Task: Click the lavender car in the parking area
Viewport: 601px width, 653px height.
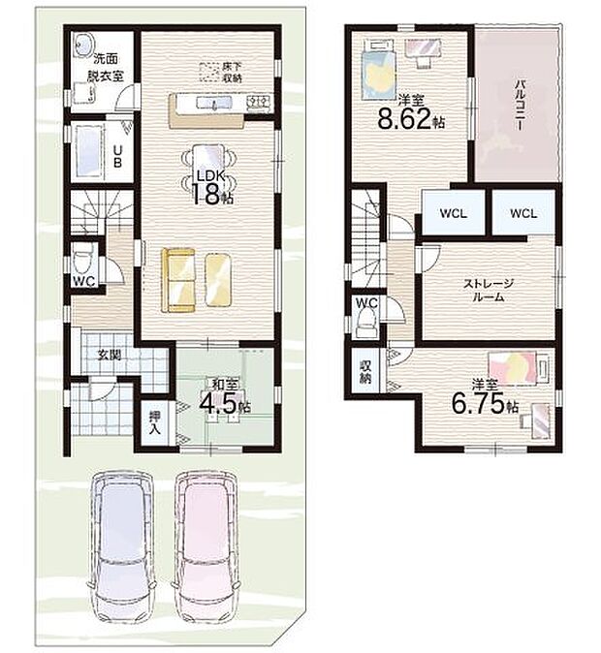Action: click(122, 546)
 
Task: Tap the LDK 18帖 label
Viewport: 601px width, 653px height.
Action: click(211, 187)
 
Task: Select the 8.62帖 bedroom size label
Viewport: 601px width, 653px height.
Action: click(411, 113)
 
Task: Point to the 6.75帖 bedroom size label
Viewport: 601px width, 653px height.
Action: click(486, 398)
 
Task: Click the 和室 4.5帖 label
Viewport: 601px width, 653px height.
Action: click(225, 398)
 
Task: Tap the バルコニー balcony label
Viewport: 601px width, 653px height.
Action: click(520, 106)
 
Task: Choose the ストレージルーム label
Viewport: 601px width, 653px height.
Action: click(489, 291)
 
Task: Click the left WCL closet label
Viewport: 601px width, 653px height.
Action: click(454, 214)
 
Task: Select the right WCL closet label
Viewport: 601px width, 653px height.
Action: click(523, 214)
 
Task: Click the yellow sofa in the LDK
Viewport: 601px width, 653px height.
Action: click(178, 280)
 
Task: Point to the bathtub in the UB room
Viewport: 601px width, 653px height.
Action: click(89, 151)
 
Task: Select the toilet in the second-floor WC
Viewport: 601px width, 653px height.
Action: click(366, 323)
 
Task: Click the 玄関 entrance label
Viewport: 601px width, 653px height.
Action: click(110, 355)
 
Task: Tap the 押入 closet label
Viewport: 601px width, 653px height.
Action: click(155, 421)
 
